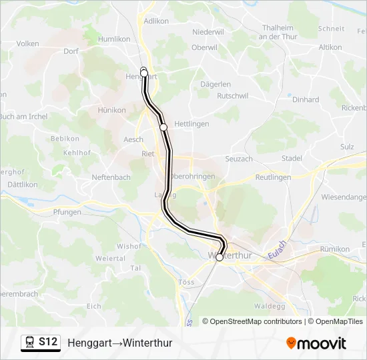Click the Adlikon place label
[x=156, y=21]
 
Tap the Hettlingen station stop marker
[x=163, y=127]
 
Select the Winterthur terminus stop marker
[x=220, y=257]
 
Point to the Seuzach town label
[x=238, y=159]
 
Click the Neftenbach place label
[x=111, y=178]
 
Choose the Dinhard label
[x=306, y=99]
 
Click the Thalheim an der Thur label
[x=278, y=32]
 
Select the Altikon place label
[x=330, y=47]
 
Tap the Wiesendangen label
[x=344, y=197]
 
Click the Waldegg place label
[x=270, y=306]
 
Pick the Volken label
[x=27, y=43]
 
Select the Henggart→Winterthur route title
[x=120, y=343]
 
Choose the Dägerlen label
[x=216, y=85]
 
